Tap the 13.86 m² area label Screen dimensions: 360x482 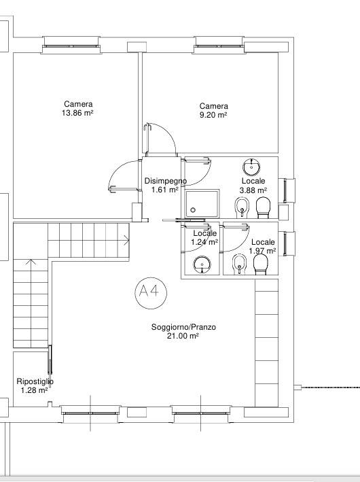tap(77, 113)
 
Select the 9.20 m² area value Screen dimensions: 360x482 tap(213, 115)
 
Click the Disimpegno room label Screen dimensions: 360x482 tap(166, 181)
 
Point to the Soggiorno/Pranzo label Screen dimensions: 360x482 tap(183, 327)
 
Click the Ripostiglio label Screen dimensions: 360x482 tap(35, 381)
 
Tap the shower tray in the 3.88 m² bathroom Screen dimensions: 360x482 tap(202, 204)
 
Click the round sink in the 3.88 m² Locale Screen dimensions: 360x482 tap(251, 167)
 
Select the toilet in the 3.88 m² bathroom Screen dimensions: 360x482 tap(264, 207)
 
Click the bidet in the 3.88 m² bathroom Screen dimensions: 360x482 tap(242, 207)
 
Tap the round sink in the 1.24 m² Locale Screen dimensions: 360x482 tap(202, 264)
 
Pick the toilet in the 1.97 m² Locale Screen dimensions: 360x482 tap(261, 264)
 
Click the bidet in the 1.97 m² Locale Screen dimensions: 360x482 tap(239, 264)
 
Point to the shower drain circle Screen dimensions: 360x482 tap(193, 210)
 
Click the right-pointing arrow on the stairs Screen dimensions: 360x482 tap(126, 240)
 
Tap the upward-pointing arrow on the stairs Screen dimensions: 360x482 tap(31, 262)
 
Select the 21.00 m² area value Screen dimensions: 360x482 tap(183, 336)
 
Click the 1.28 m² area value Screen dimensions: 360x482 tap(34, 390)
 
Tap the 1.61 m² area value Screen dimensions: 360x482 tap(165, 190)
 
